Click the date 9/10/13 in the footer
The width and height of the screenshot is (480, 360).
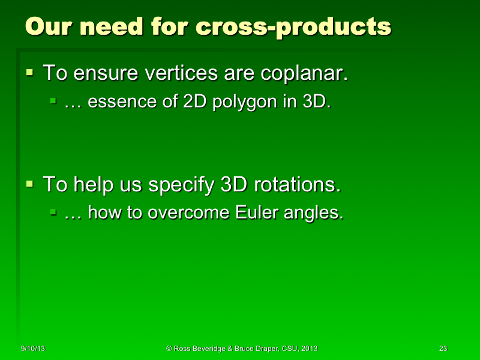pos(32,349)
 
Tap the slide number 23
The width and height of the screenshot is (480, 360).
pos(443,349)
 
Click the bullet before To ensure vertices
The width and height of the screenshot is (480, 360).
pos(30,73)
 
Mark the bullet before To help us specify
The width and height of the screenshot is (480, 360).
pos(30,184)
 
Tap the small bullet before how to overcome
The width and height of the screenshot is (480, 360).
pos(53,212)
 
